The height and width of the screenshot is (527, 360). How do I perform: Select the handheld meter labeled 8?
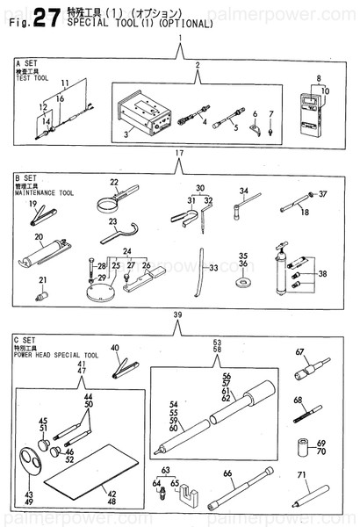313,113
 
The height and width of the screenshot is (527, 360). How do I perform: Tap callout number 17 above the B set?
180,154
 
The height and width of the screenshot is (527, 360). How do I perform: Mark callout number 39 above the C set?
180,314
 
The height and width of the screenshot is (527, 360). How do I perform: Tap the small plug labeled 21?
40,297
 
